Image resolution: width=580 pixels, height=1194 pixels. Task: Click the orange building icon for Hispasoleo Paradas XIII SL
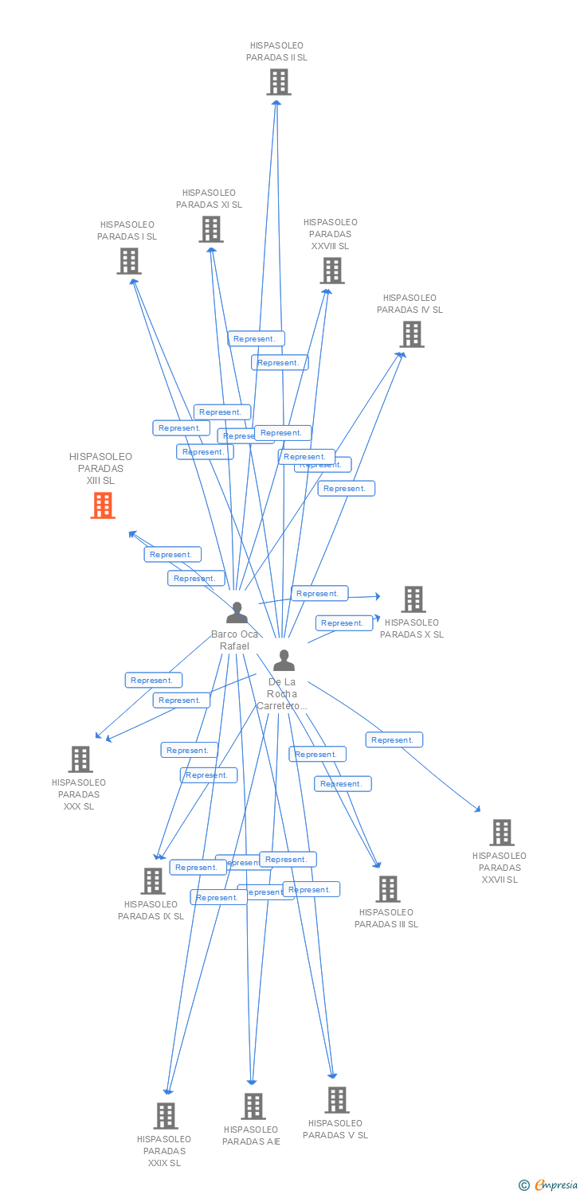103,505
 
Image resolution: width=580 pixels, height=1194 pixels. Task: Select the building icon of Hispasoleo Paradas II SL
278,82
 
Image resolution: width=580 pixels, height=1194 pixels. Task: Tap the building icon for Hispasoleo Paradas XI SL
211,229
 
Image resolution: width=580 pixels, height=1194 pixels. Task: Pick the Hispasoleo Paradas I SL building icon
129,261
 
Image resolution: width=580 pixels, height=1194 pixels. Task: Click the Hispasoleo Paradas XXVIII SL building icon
331,271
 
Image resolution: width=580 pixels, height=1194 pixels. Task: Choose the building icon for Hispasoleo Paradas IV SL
412,334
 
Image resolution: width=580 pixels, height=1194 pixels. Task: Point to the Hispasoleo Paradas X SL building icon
413,599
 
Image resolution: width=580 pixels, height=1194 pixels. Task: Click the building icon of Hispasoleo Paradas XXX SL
80,759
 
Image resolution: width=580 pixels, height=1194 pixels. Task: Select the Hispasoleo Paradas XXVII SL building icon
501,833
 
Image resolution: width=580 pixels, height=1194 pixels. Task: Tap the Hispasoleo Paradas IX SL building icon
153,881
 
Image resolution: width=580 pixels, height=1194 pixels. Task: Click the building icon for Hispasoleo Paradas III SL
388,889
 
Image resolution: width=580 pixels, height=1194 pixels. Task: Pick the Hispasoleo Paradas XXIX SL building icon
165,1116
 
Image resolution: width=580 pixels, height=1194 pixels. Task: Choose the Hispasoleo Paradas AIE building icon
253,1106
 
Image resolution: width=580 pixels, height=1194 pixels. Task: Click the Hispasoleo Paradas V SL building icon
337,1100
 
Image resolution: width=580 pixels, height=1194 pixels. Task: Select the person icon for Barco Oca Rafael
237,613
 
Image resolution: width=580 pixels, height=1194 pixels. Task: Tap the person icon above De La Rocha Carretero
284,661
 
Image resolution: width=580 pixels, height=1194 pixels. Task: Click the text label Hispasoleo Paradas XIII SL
101,468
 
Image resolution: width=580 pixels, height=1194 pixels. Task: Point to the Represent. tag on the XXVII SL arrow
394,740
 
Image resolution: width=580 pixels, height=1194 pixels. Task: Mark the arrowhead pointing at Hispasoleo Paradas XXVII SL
478,810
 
